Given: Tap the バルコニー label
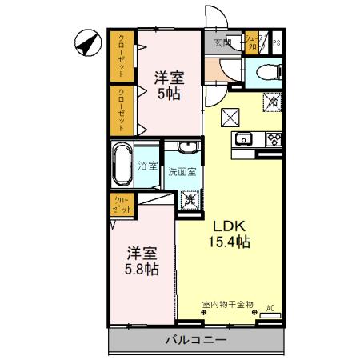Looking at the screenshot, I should pyautogui.click(x=195, y=340).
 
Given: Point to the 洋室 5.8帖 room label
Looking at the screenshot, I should pyautogui.click(x=140, y=259).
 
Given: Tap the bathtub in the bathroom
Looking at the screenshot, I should pyautogui.click(x=122, y=163).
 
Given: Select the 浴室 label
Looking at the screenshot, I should pyautogui.click(x=147, y=166).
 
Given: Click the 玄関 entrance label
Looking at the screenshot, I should pyautogui.click(x=223, y=42).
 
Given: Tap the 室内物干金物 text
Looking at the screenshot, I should pyautogui.click(x=227, y=305).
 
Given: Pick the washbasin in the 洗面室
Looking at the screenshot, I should pyautogui.click(x=188, y=147).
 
